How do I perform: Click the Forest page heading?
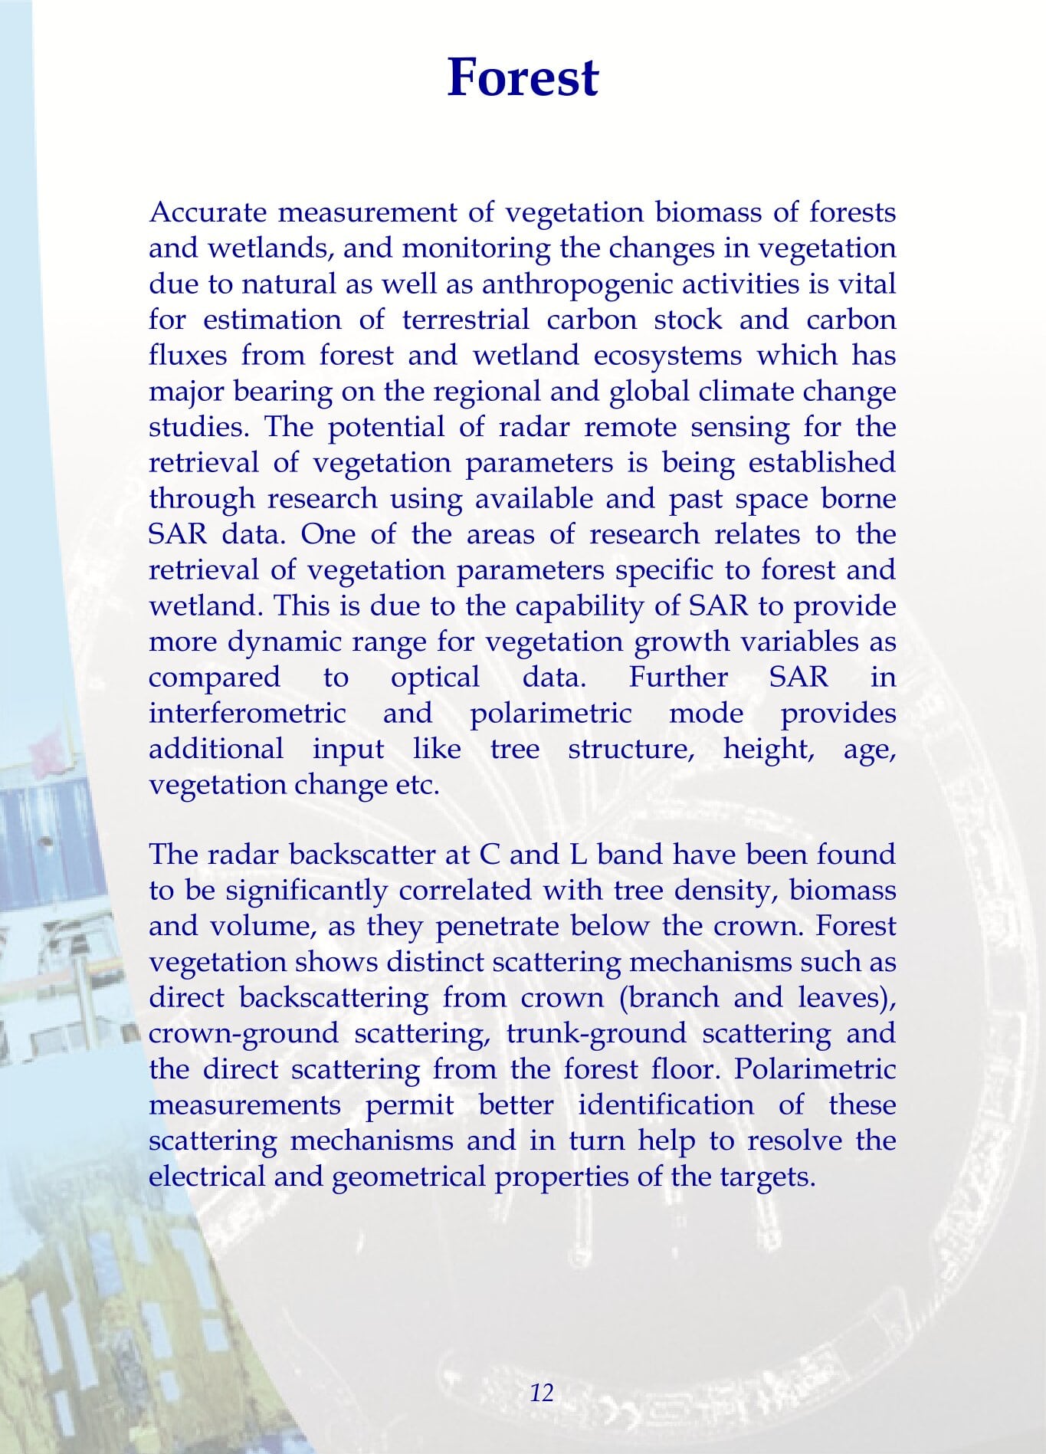[523, 77]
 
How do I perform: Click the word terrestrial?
[466, 320]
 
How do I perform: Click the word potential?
[385, 427]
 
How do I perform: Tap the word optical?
[435, 678]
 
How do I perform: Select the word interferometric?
[247, 714]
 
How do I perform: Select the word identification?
[666, 1105]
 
